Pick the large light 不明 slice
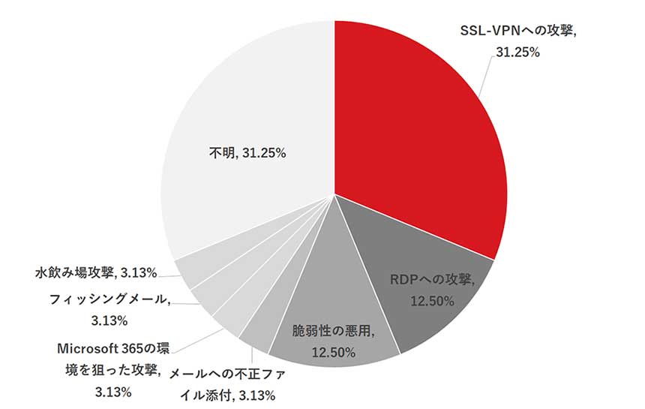click(247, 135)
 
